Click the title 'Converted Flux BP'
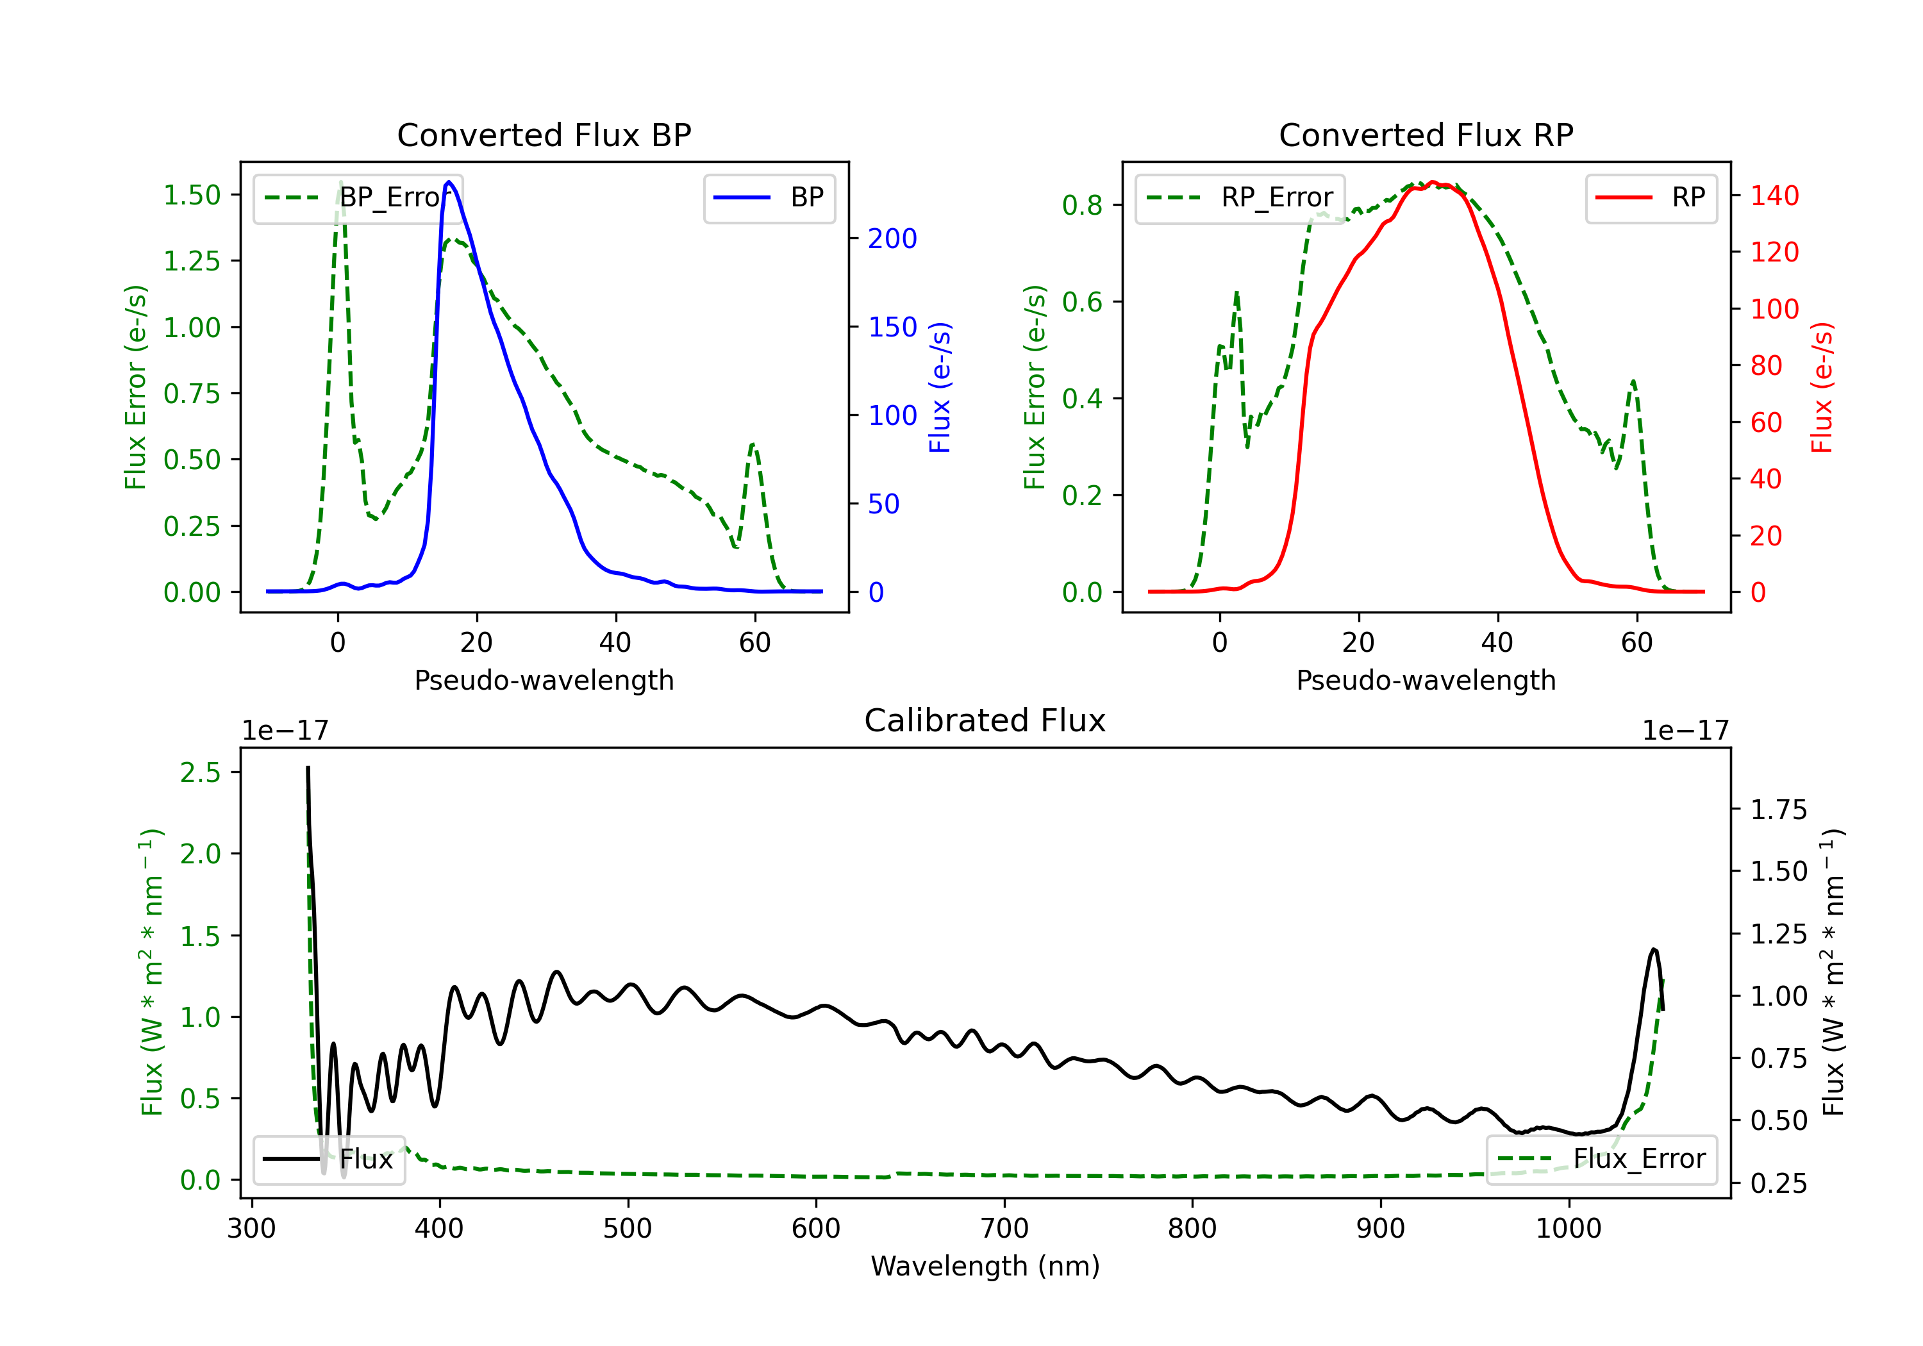544,135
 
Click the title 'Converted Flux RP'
1426,135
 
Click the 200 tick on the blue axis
892,238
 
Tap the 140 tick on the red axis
1774,196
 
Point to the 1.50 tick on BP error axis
192,195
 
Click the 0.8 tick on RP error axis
1082,205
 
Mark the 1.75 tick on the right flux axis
1778,810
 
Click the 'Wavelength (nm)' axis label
985,1266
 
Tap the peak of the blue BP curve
449,182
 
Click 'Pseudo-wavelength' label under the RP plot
1426,680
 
